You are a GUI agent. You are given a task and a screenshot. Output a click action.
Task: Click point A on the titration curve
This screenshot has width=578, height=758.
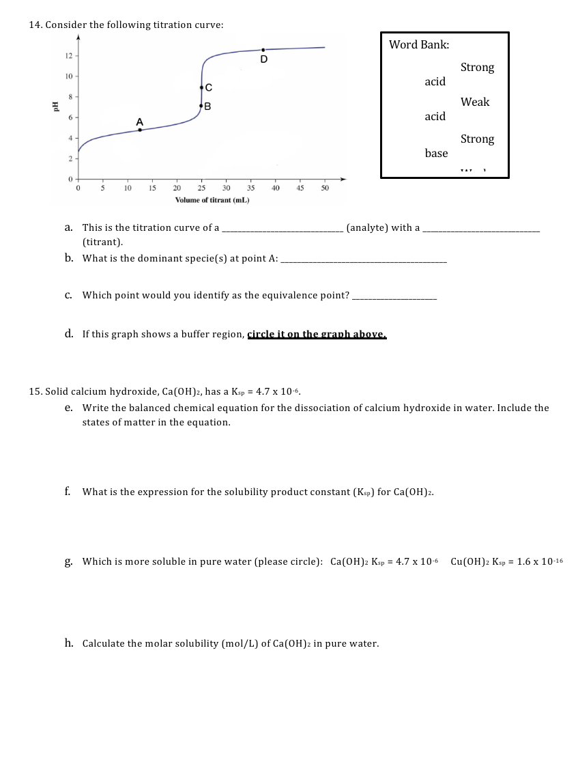pyautogui.click(x=140, y=129)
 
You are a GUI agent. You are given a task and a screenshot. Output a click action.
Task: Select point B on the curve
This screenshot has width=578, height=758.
pyautogui.click(x=201, y=106)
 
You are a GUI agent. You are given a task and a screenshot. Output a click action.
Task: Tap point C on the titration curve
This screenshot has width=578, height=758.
pyautogui.click(x=201, y=87)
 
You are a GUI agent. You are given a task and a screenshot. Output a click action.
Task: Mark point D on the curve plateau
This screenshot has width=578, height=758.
pyautogui.click(x=263, y=50)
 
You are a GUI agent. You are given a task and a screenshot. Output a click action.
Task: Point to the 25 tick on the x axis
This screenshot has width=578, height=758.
pyautogui.click(x=201, y=187)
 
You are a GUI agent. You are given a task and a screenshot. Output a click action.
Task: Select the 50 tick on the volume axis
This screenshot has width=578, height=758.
pyautogui.click(x=325, y=187)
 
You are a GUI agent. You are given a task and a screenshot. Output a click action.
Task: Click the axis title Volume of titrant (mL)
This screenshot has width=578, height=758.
pyautogui.click(x=212, y=199)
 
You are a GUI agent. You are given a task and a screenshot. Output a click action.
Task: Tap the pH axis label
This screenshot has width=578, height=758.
pyautogui.click(x=55, y=107)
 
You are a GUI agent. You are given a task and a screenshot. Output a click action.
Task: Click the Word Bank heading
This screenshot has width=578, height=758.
pyautogui.click(x=419, y=45)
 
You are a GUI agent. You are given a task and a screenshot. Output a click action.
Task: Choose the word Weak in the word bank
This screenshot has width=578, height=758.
pyautogui.click(x=475, y=102)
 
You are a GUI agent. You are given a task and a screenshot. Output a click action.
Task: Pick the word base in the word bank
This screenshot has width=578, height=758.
pyautogui.click(x=436, y=153)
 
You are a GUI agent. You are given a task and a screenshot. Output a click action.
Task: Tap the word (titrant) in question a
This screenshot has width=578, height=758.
pyautogui.click(x=102, y=242)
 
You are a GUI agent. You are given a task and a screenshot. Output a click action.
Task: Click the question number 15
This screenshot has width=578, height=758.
pyautogui.click(x=35, y=391)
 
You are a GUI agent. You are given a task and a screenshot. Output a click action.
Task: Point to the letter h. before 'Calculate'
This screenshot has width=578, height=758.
pyautogui.click(x=70, y=643)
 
